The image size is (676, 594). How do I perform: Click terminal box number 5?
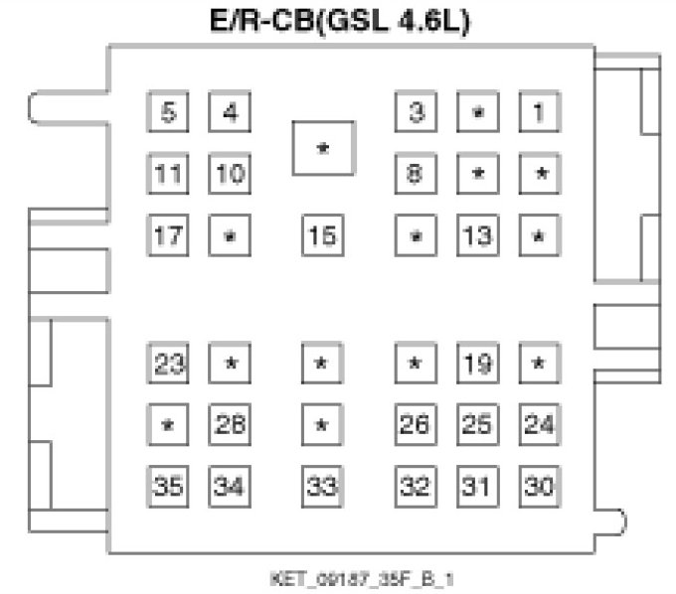pos(168,112)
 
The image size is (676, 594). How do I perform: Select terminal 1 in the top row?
pos(538,112)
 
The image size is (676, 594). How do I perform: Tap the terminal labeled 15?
pos(321,236)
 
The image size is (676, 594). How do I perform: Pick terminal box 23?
pos(168,363)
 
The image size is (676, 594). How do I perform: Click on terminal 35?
pos(168,487)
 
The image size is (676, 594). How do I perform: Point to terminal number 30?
pos(538,487)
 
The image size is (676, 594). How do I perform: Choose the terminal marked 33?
pos(321,487)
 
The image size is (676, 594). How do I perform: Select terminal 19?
pos(477,363)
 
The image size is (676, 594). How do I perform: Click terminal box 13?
pos(477,236)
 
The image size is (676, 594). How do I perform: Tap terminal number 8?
pos(416,175)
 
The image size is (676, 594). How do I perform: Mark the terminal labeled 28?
pos(230,424)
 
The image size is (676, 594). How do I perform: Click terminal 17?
pos(168,236)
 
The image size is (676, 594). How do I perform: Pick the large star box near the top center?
pos(323,148)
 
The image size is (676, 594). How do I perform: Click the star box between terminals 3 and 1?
pos(477,112)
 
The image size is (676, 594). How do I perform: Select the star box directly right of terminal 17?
pos(230,236)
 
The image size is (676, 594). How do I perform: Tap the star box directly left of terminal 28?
pos(168,424)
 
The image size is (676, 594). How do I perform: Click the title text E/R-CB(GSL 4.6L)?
pos(338,21)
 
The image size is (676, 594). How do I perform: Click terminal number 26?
pos(416,424)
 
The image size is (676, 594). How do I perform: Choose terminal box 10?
pos(230,175)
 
